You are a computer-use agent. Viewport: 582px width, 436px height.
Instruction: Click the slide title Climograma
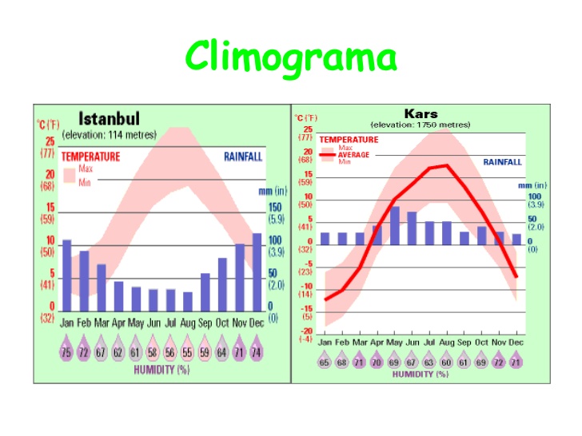(291, 57)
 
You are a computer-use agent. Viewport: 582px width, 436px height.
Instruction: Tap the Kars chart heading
(421, 113)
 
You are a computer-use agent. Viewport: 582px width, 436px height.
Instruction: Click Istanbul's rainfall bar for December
(257, 272)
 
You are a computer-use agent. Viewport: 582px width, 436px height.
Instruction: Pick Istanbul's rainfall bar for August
(188, 301)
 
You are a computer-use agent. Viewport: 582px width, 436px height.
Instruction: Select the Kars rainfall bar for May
(395, 225)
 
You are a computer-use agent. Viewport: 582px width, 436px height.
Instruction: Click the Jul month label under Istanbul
(170, 323)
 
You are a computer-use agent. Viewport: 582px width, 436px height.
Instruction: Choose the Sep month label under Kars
(464, 342)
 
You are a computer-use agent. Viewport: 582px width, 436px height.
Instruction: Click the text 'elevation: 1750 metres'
(421, 125)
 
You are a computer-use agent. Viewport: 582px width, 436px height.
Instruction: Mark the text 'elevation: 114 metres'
(110, 133)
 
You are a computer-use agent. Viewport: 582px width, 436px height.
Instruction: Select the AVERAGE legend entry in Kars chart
(353, 155)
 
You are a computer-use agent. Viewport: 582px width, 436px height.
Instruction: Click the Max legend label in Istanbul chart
(85, 168)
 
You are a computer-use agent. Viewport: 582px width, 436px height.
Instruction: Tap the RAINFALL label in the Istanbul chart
(242, 157)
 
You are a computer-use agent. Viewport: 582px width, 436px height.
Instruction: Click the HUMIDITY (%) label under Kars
(420, 375)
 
